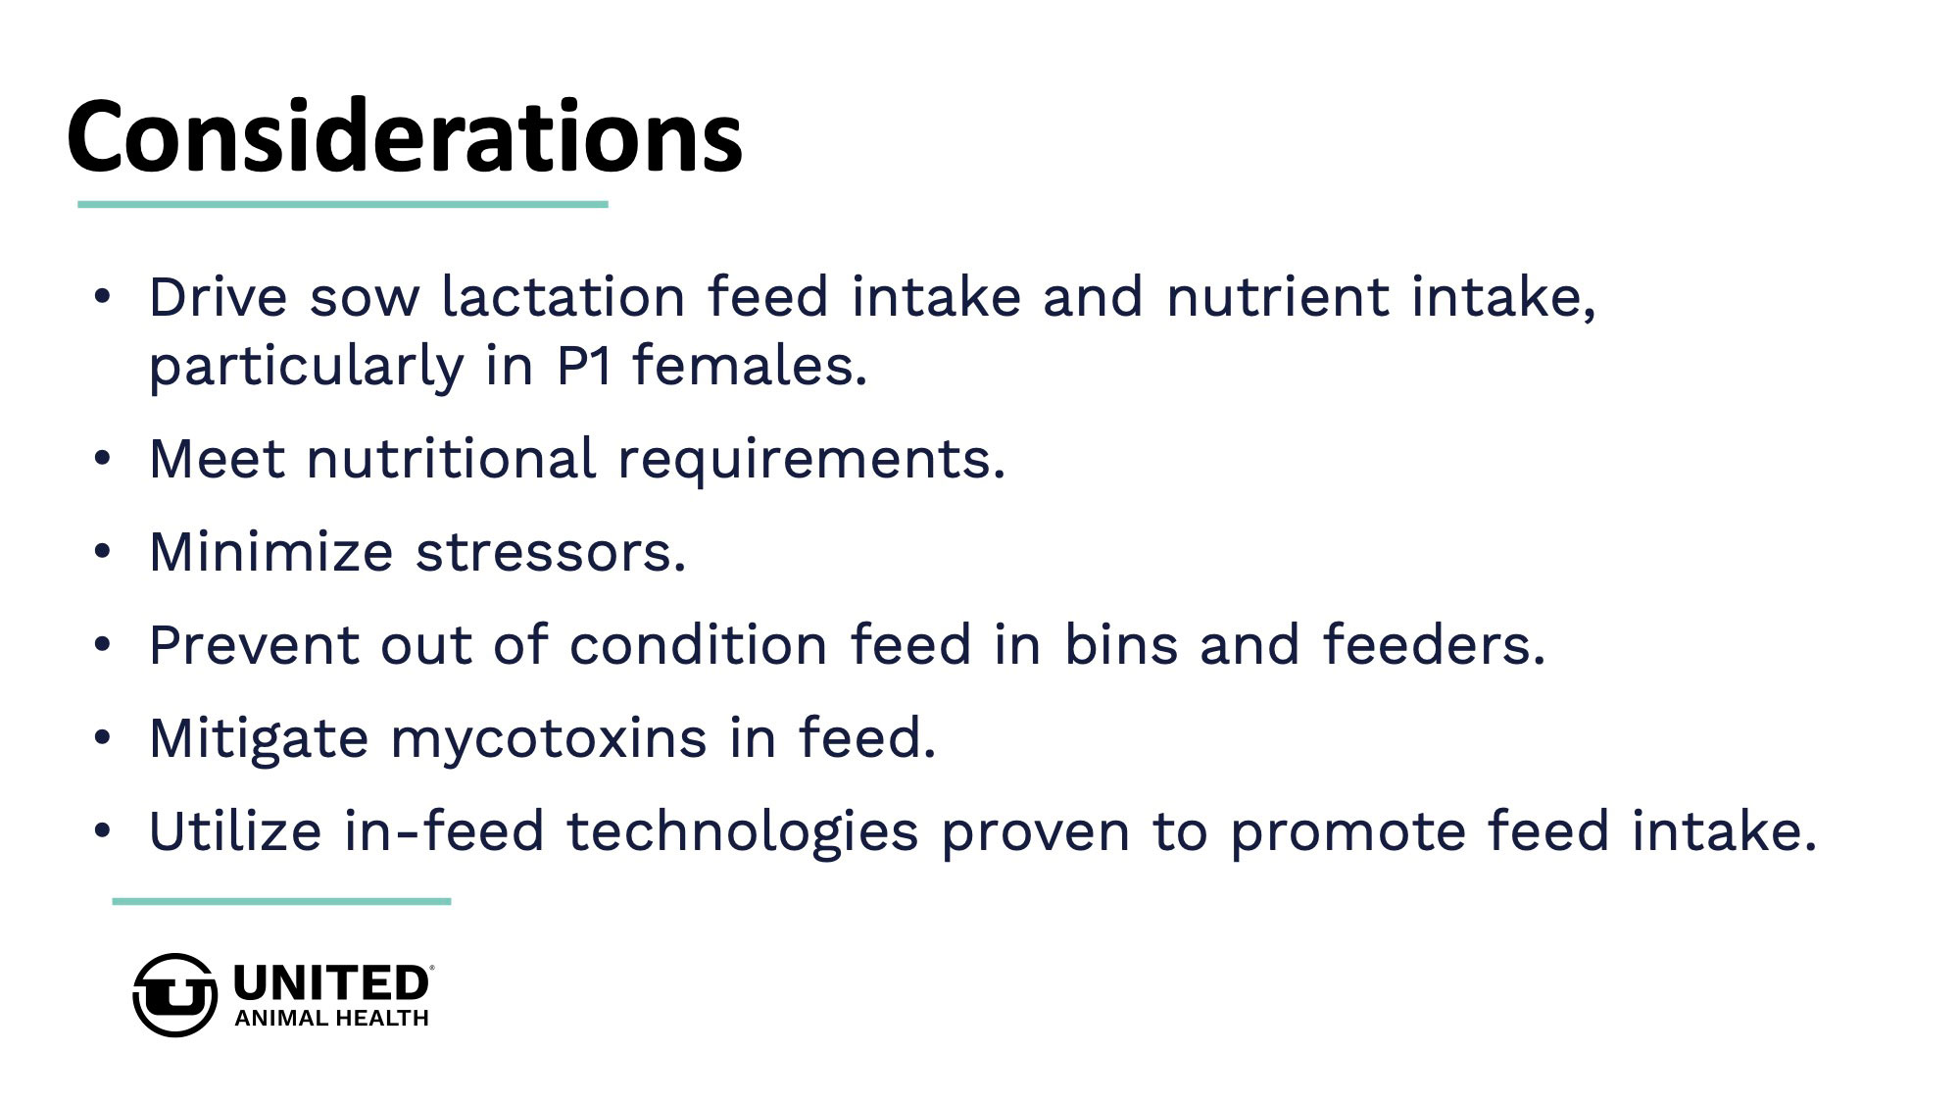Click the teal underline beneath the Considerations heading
[x=343, y=204]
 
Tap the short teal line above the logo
[x=281, y=901]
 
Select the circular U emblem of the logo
[x=174, y=995]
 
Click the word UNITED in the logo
[x=331, y=983]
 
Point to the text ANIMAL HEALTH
[x=331, y=1019]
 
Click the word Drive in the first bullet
[x=219, y=296]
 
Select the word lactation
[x=563, y=296]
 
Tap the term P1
[x=585, y=366]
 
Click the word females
[x=750, y=366]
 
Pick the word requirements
[x=811, y=460]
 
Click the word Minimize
[x=271, y=551]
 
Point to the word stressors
[x=551, y=553]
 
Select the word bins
[x=1121, y=645]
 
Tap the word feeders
[x=1434, y=645]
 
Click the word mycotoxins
[x=549, y=740]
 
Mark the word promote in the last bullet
[x=1347, y=833]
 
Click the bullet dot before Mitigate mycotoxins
[x=103, y=738]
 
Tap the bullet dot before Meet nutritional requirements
[x=103, y=459]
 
